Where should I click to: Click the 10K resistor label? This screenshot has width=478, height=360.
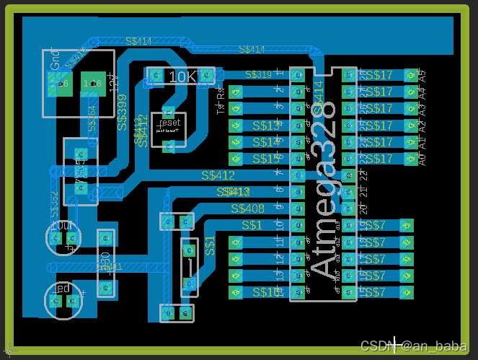click(182, 76)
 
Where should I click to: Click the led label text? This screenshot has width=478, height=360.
click(62, 289)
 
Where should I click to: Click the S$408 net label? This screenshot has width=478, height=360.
click(247, 208)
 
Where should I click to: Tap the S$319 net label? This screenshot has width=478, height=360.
click(258, 74)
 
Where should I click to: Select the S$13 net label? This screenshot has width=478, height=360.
click(267, 126)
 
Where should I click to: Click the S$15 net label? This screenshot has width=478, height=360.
click(267, 158)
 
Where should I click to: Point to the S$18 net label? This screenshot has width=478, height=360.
click(267, 292)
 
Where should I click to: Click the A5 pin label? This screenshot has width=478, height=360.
click(422, 74)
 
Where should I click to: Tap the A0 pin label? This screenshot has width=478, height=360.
click(422, 158)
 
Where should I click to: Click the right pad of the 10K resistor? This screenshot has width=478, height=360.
click(206, 74)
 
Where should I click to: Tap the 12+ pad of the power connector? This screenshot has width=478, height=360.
click(92, 84)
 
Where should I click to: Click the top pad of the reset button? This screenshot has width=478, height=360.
click(169, 111)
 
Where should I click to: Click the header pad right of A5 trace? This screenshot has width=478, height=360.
click(411, 75)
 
